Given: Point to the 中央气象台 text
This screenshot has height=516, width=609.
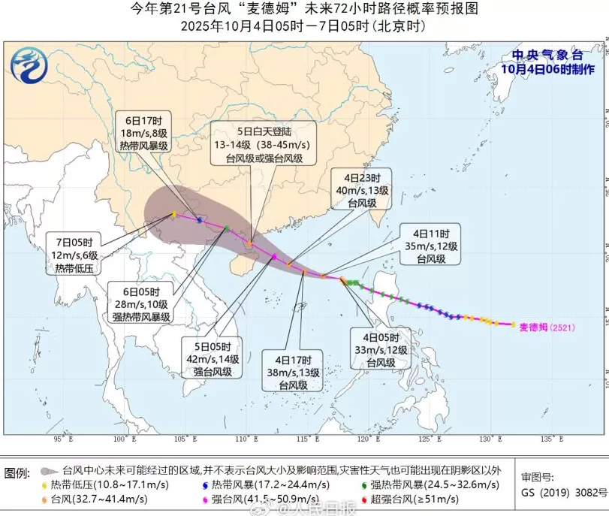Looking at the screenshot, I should point(547,55).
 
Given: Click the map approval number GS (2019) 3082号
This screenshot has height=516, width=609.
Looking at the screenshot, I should point(563,493).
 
